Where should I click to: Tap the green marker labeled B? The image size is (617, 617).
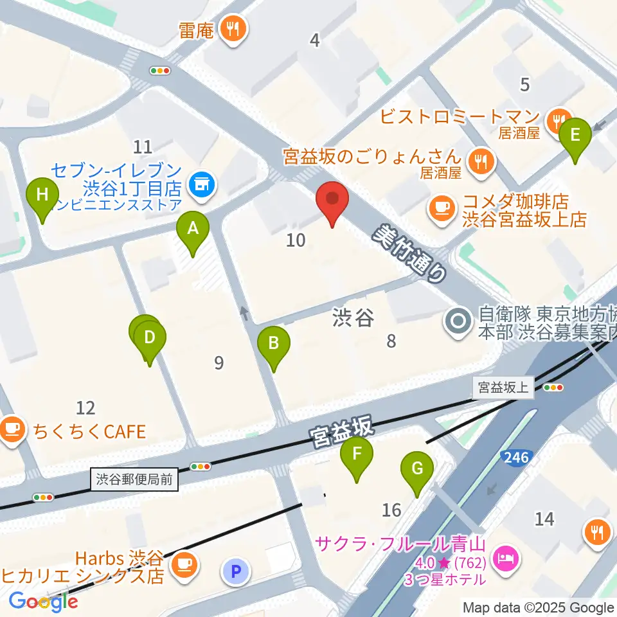coord(273,343)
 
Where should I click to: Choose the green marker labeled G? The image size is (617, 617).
coord(417,468)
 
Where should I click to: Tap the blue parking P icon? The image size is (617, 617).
coord(237,571)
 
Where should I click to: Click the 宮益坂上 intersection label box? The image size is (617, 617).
coord(503,388)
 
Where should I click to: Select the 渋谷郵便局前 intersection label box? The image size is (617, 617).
coord(135,479)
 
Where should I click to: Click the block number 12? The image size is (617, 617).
coord(85,407)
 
